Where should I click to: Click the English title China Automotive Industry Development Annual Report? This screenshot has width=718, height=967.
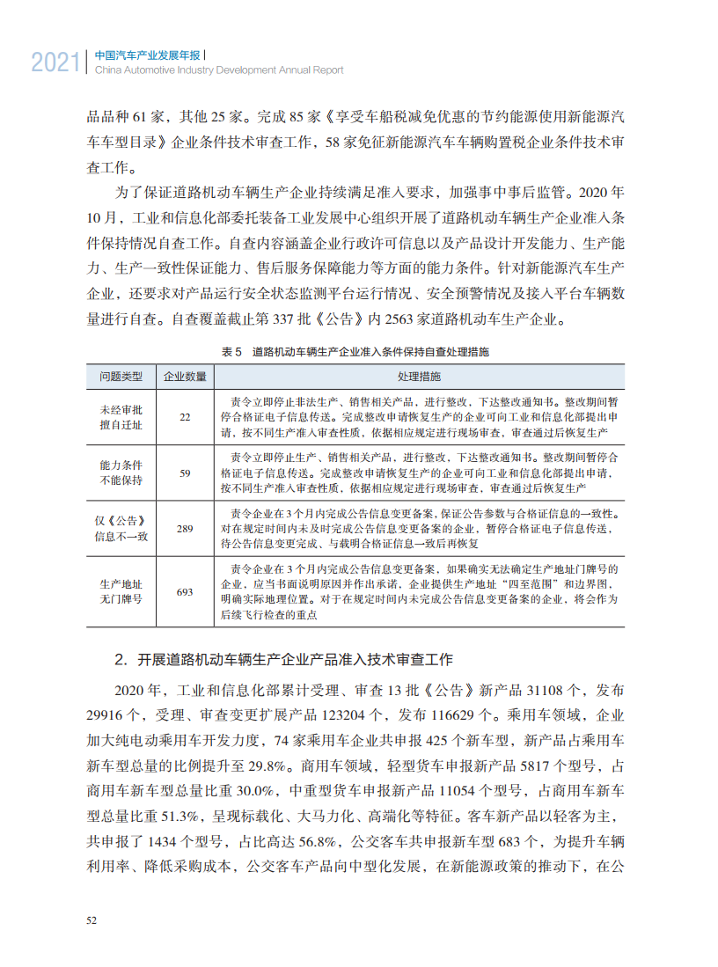pos(218,70)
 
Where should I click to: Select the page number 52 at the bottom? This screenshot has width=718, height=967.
pos(92,920)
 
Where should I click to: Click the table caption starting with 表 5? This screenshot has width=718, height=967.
pos(355,352)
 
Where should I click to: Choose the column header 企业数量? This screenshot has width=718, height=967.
pos(185,377)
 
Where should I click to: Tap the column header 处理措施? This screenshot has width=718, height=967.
pos(419,377)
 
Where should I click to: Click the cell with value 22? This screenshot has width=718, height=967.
pos(185,417)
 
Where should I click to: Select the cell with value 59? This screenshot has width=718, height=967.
pos(185,473)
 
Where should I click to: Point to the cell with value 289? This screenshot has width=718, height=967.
pos(185,529)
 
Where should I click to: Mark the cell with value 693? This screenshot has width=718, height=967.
pos(185,592)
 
